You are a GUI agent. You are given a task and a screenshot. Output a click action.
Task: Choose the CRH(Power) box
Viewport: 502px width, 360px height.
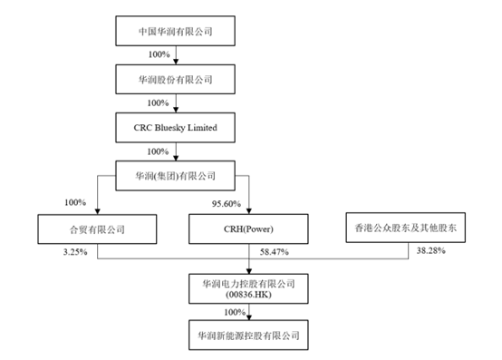pos(249,230)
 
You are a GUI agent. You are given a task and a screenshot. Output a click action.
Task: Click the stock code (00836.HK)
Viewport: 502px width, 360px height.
pos(249,294)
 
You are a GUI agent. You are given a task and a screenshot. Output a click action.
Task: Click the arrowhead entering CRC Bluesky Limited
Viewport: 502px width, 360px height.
pos(174,109)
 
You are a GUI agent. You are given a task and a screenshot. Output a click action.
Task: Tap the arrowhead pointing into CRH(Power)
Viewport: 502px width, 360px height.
pos(249,213)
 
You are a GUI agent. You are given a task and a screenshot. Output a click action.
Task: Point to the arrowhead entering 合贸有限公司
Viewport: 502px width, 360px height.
pos(97,213)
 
